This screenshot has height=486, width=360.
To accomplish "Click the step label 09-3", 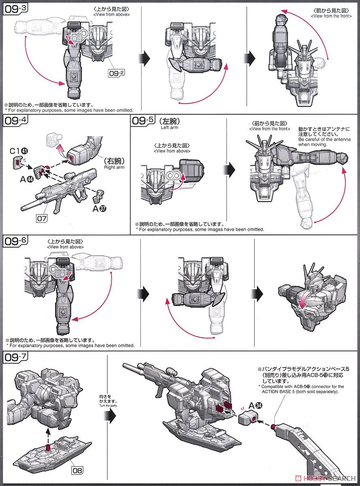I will coord(15,9).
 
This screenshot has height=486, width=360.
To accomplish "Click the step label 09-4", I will coord(15,120).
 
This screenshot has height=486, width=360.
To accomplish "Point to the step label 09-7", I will coord(15,358).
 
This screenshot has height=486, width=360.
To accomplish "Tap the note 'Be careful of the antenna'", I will coord(324,139).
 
